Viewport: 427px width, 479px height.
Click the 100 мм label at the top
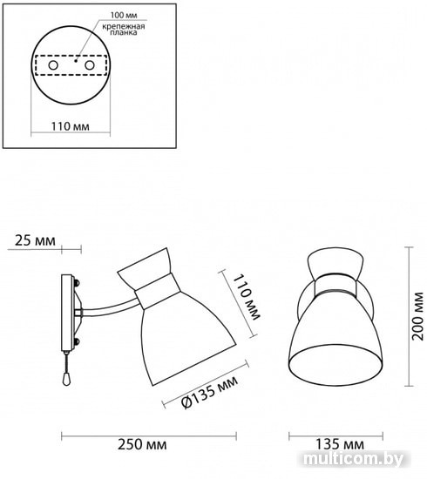click(124, 15)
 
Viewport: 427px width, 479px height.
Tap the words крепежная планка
click(124, 29)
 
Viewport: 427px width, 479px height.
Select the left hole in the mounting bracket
click(53, 65)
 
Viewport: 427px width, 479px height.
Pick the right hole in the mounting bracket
click(90, 65)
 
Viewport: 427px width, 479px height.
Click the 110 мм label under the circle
click(71, 126)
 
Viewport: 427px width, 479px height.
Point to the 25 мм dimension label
click(35, 240)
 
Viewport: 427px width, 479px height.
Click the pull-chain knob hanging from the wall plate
click(65, 380)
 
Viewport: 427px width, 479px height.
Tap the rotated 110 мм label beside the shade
click(247, 298)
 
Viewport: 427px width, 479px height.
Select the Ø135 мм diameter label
click(210, 392)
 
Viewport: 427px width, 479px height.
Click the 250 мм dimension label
click(142, 444)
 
